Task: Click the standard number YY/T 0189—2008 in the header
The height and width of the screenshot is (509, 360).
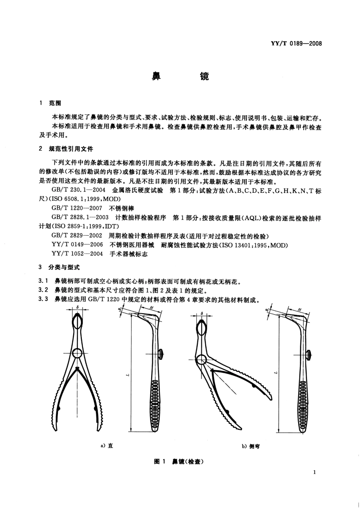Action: [x=297, y=44]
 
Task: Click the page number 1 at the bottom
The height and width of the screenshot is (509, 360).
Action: [x=315, y=472]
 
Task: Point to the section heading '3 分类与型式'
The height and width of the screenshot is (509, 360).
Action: [x=59, y=267]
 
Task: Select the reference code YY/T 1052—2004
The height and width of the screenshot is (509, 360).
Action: [x=77, y=254]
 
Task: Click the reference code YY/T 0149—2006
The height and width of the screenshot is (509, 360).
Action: [x=77, y=245]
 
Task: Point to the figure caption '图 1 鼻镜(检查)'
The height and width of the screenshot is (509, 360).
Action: [x=179, y=462]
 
